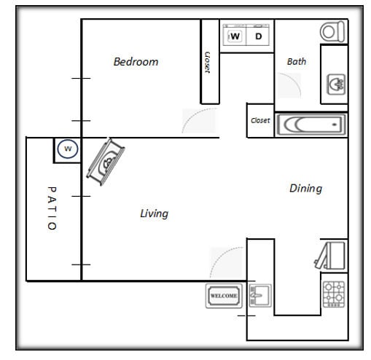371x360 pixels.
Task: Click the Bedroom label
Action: click(136, 62)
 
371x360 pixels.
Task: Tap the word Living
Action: click(154, 214)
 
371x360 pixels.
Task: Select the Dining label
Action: click(305, 188)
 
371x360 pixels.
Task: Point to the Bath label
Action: click(297, 62)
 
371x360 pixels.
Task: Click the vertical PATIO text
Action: click(51, 208)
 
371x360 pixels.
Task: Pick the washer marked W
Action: click(235, 36)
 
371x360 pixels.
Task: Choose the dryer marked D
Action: click(259, 36)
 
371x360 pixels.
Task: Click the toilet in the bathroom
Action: click(332, 31)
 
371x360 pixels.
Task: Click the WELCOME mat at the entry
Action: click(224, 296)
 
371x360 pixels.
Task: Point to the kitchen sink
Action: click(259, 296)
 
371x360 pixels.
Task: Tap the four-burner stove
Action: click(334, 294)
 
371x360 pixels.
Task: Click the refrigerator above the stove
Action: click(332, 255)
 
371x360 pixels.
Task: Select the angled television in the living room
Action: click(106, 160)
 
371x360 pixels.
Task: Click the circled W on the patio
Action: click(68, 149)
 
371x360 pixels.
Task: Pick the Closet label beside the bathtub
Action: click(260, 120)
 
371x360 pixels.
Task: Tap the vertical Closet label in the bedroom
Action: click(208, 62)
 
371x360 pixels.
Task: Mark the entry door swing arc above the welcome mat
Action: click(227, 264)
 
